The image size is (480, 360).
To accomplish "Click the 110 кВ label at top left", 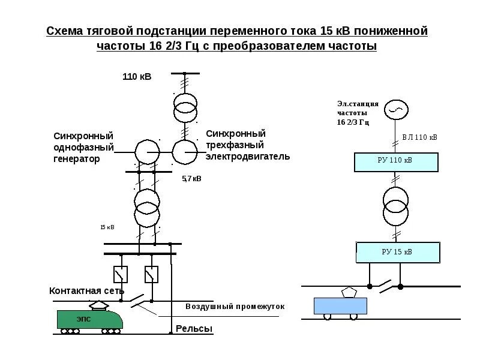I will pyautogui.click(x=137, y=77).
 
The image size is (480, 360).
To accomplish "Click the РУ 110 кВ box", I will pyautogui.click(x=397, y=161).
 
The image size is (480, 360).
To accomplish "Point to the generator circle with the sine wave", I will pyautogui.click(x=396, y=109).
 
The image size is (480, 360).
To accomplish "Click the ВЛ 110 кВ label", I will pyautogui.click(x=419, y=137).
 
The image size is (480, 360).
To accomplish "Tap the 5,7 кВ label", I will pyautogui.click(x=192, y=179).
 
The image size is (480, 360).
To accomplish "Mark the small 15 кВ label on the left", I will pyautogui.click(x=107, y=227).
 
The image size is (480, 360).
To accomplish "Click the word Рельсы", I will pyautogui.click(x=194, y=329).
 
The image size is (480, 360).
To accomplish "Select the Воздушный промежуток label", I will pyautogui.click(x=235, y=306).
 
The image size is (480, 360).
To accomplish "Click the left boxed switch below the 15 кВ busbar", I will pyautogui.click(x=121, y=274).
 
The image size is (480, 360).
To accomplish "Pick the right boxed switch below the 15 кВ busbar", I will pyautogui.click(x=152, y=274).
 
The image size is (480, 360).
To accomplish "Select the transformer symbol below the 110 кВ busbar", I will pyautogui.click(x=185, y=106).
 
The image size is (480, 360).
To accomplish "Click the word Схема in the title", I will pyautogui.click(x=65, y=31).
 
